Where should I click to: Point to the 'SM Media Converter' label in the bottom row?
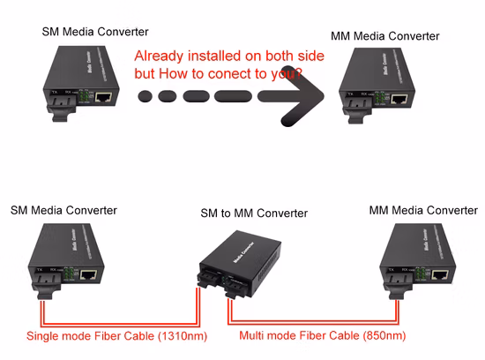pos(63,210)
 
